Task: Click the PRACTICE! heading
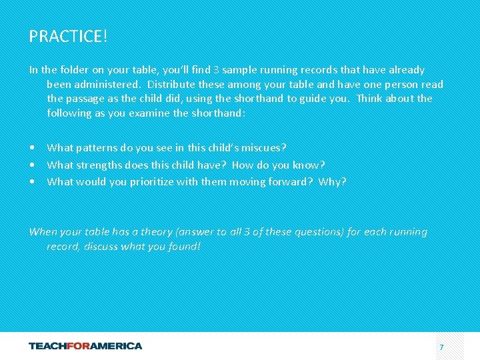(x=68, y=36)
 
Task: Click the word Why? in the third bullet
(x=332, y=182)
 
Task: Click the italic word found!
(x=185, y=247)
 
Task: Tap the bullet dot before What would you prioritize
(x=32, y=182)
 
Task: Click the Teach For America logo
(x=85, y=346)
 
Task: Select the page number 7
(x=441, y=347)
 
